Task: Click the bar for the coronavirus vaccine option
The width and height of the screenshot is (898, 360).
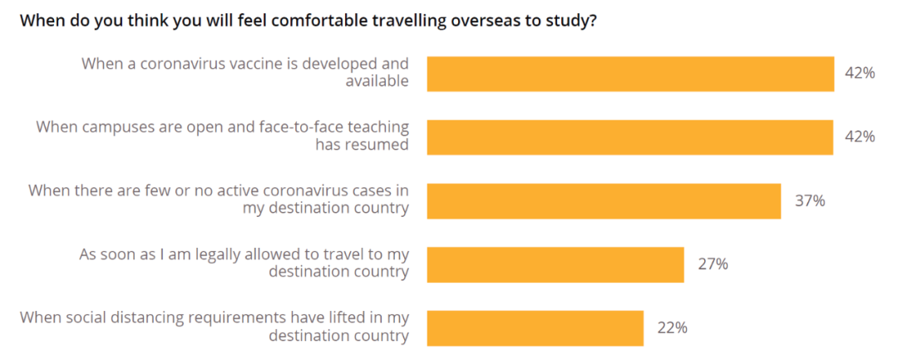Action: pos(630,73)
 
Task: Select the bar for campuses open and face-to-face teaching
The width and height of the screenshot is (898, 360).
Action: pos(630,136)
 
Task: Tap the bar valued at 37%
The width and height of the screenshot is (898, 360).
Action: pos(604,200)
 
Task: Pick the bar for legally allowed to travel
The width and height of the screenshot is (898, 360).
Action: pos(555,264)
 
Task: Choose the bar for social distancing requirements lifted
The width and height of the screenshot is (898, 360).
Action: pos(535,328)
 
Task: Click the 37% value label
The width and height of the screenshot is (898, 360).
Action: pos(809,200)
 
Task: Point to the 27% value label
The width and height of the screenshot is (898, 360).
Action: pos(713,264)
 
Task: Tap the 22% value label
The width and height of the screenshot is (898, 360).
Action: pos(672,328)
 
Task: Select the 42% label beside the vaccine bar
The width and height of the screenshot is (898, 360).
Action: pos(860,73)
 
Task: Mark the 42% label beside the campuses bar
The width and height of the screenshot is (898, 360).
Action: pos(860,136)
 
